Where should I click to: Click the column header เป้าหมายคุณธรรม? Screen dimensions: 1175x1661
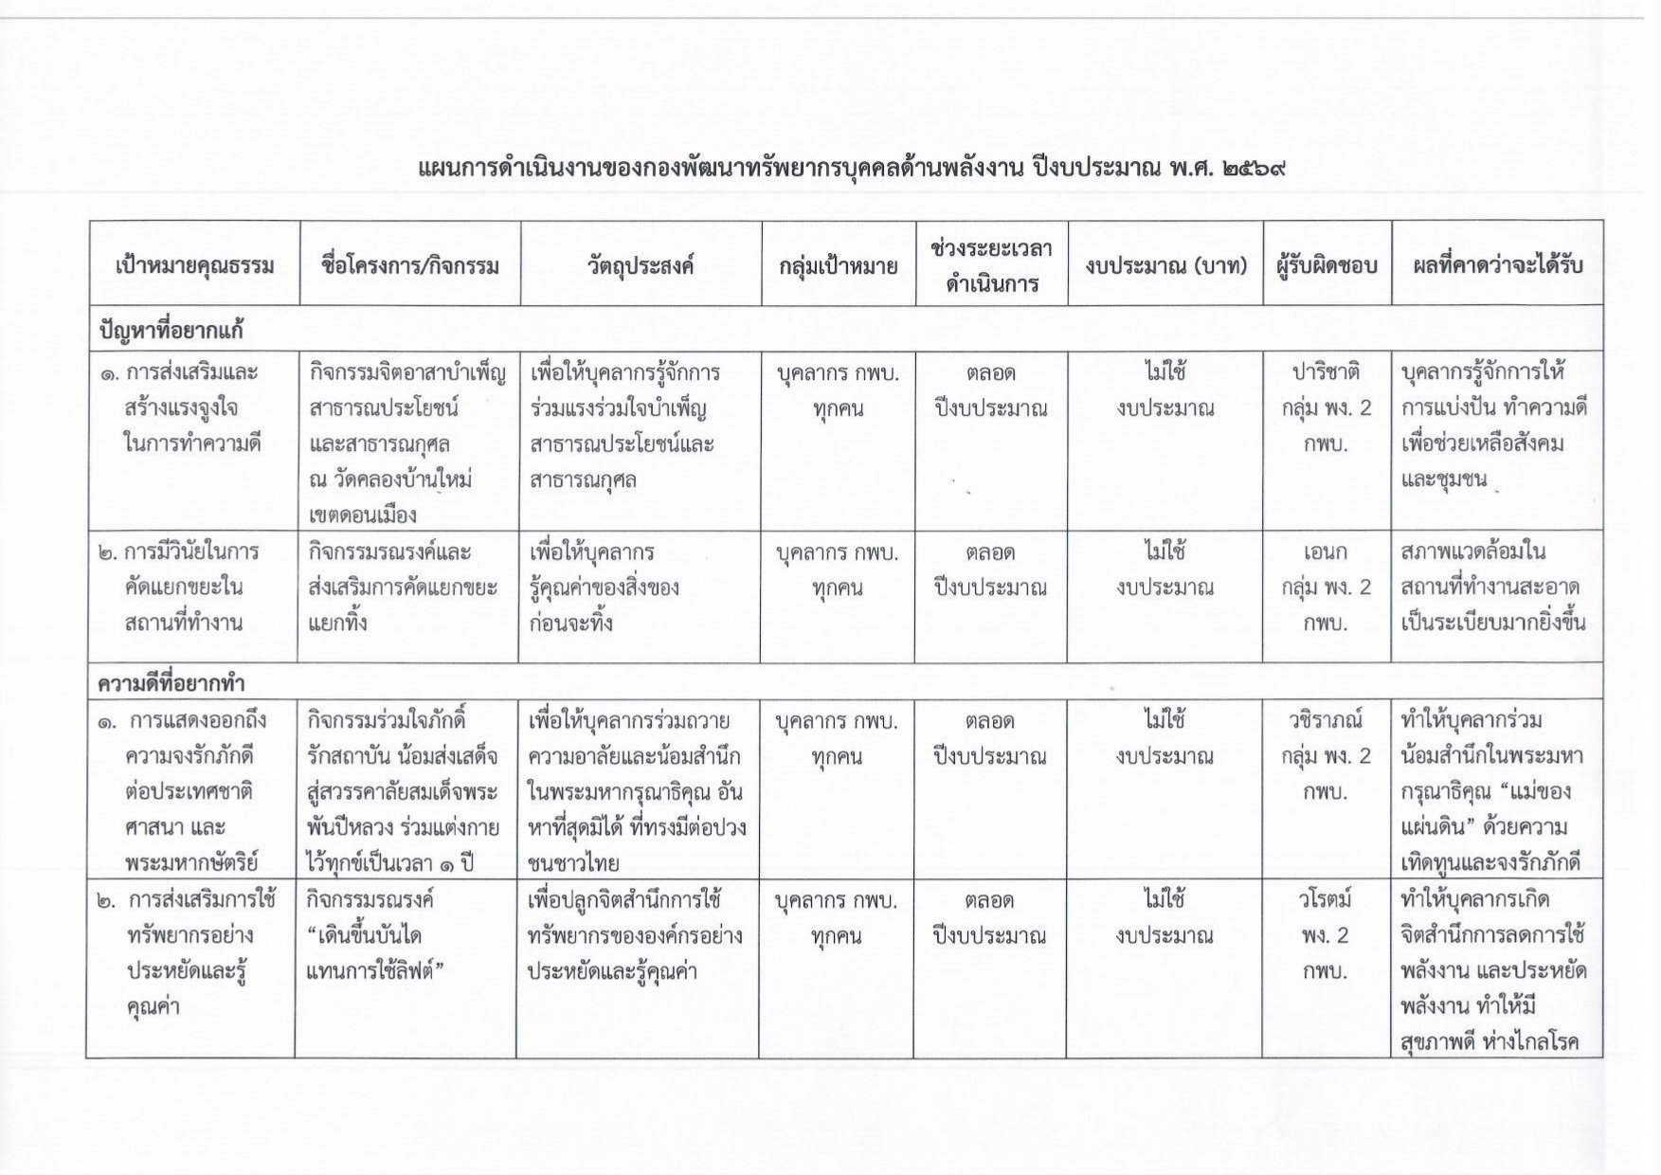[194, 264]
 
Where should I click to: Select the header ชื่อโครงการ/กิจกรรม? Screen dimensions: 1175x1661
[410, 264]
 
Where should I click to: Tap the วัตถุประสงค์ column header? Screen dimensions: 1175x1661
[641, 264]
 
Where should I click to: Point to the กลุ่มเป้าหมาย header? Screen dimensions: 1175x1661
[839, 265]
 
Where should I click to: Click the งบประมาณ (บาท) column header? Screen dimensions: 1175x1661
[1165, 265]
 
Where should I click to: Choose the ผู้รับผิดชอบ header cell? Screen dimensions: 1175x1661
[1327, 265]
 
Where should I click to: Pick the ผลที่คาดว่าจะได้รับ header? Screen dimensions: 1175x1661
[1497, 265]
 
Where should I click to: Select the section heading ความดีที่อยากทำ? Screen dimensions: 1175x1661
[172, 682]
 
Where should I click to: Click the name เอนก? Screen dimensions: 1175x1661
[1326, 551]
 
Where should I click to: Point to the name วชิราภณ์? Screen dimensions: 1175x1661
[1326, 720]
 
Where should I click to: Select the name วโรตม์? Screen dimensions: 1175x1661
[1326, 898]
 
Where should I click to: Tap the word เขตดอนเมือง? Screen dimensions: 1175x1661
[363, 515]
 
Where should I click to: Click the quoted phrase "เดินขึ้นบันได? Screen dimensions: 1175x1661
[365, 935]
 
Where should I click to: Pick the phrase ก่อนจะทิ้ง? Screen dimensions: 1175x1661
[571, 623]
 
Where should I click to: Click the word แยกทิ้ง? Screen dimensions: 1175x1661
[337, 623]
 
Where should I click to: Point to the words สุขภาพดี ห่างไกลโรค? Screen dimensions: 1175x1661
[1491, 1043]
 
